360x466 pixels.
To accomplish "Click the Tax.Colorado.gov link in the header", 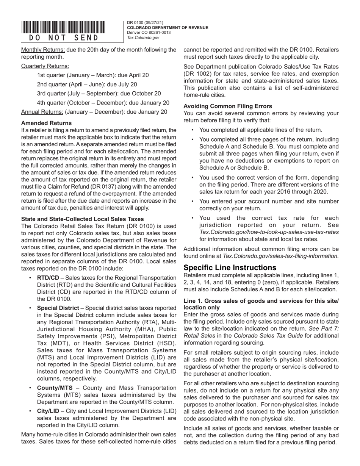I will coord(143,38).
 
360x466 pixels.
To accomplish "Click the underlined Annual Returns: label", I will coord(42,112).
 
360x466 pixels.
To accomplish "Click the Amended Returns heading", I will coord(46,123).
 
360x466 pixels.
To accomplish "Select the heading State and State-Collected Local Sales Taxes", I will coord(82,219).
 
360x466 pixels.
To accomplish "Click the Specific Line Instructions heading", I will coord(230,267).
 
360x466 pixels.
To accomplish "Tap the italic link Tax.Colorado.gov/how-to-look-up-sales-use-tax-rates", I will coord(269,232).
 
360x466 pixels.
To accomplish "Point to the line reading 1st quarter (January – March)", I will coord(93,75).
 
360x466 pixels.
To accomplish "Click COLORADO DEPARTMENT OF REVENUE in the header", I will coord(167,28).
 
